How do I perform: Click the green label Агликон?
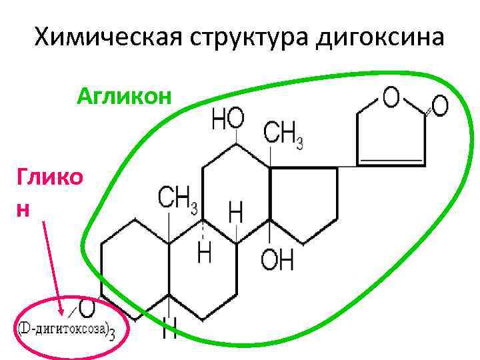pyautogui.click(x=124, y=98)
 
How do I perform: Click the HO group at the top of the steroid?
pyautogui.click(x=227, y=120)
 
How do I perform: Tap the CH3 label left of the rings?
pyautogui.click(x=177, y=197)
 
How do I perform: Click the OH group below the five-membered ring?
pyautogui.click(x=277, y=260)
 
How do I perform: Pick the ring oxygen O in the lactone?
pyautogui.click(x=391, y=98)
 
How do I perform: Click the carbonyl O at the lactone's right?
pyautogui.click(x=439, y=105)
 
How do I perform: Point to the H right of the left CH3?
pyautogui.click(x=235, y=213)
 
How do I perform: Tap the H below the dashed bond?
pyautogui.click(x=205, y=253)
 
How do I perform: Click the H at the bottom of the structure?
pyautogui.click(x=169, y=329)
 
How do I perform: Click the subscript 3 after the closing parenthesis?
pyautogui.click(x=111, y=334)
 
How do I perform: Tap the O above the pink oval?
pyautogui.click(x=86, y=307)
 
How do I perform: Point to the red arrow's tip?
pyautogui.click(x=63, y=314)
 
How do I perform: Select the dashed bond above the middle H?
pyautogui.click(x=204, y=231)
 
